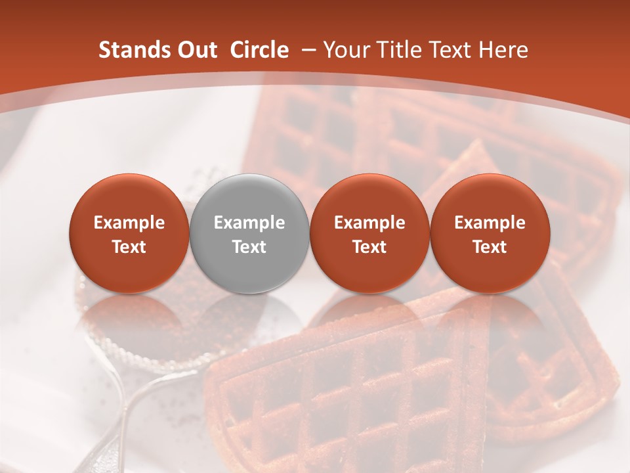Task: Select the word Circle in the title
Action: tap(259, 50)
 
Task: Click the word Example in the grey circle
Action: tap(249, 223)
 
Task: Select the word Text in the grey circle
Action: tap(249, 247)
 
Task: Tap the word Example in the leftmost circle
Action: tap(129, 223)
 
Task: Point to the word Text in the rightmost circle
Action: tap(490, 247)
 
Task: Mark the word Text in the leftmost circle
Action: tap(129, 247)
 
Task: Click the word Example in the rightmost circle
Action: tap(490, 223)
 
